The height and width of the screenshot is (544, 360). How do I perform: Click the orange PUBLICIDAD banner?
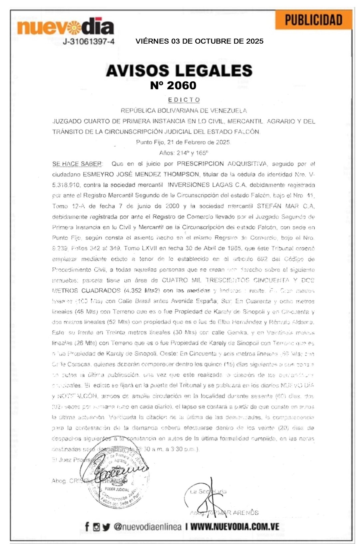[313, 20]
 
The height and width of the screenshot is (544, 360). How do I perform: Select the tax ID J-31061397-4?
[89, 42]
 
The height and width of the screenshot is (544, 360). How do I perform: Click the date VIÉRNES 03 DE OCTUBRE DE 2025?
[199, 41]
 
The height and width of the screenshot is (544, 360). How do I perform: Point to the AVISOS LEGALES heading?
[179, 71]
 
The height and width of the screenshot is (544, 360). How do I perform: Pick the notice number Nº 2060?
[173, 86]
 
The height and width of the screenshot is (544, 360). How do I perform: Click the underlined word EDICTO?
[184, 100]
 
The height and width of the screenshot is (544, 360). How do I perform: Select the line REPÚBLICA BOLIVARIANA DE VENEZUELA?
[183, 111]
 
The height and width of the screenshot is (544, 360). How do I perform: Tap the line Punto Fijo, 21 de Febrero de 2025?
[183, 142]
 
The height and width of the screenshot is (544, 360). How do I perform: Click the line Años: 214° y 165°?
[183, 153]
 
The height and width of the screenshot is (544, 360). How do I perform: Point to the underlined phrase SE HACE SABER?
[77, 164]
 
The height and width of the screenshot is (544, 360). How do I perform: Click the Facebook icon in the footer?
[87, 527]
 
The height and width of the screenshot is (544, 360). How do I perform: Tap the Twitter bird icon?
[106, 527]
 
